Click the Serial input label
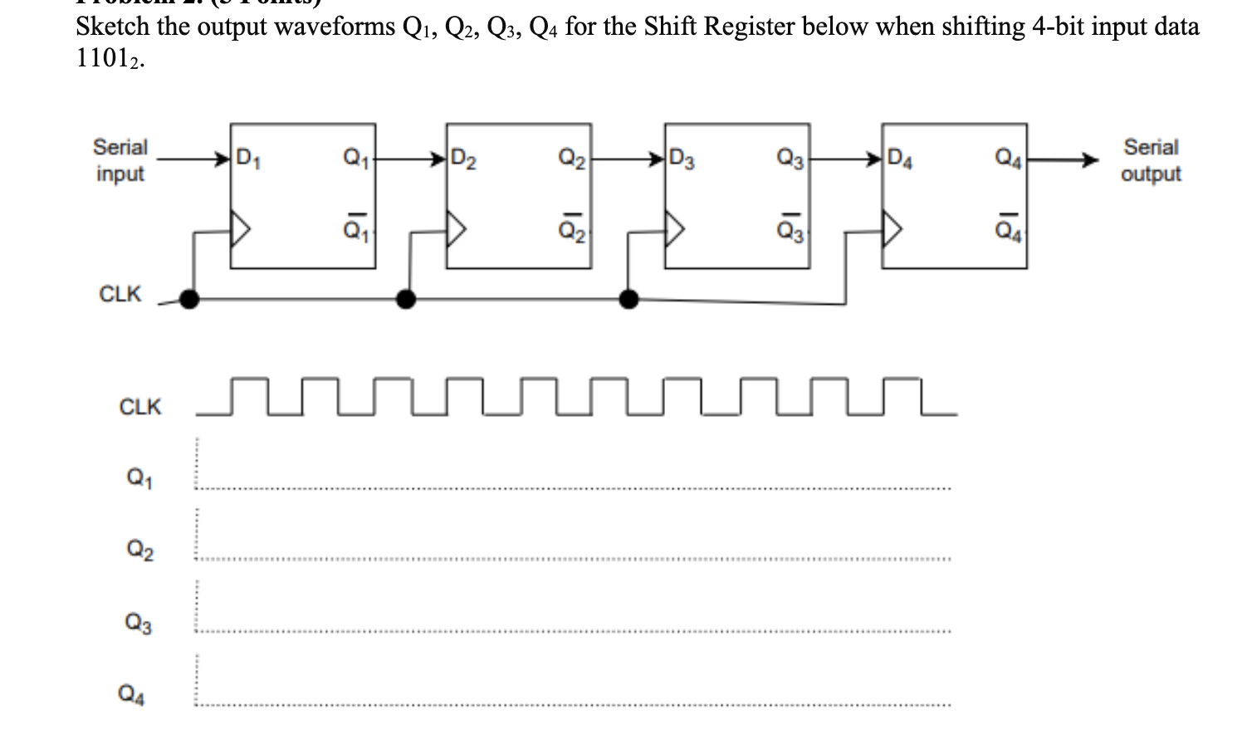tap(120, 160)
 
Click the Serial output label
tap(1151, 160)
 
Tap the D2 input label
tap(463, 157)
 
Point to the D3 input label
tap(682, 157)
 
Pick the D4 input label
tap(899, 157)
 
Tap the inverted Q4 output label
tap(1007, 225)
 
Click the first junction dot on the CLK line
tap(190, 299)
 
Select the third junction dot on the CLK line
tap(629, 299)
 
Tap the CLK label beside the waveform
tap(140, 407)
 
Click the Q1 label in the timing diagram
tap(139, 477)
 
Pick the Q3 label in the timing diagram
tap(139, 622)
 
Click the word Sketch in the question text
tap(113, 27)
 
